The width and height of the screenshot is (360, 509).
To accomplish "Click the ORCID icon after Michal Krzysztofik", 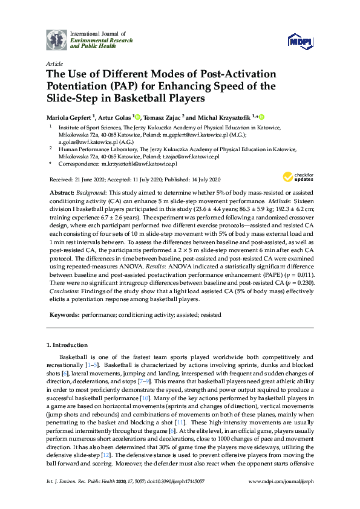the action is [263, 117].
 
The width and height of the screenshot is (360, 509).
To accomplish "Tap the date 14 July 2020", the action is [204, 180].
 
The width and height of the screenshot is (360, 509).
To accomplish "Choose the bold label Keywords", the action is [63, 315].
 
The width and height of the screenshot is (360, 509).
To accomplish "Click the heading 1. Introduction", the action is [67, 345].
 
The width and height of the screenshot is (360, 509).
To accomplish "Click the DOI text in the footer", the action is [161, 499].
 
